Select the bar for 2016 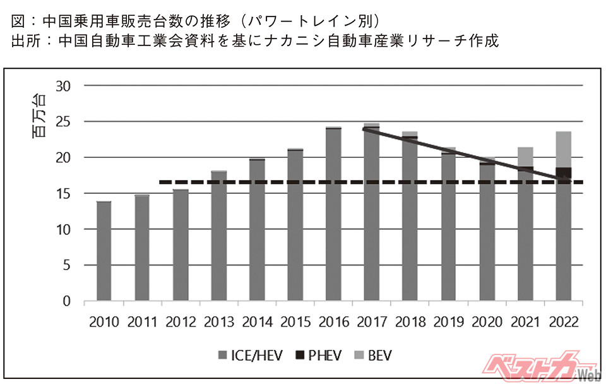333,215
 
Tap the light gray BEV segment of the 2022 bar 563,149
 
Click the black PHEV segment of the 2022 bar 563,172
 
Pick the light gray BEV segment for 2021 525,157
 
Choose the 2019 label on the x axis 448,323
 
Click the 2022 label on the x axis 563,323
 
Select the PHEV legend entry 319,356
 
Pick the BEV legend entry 374,356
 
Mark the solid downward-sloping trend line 467,155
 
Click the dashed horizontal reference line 252,183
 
